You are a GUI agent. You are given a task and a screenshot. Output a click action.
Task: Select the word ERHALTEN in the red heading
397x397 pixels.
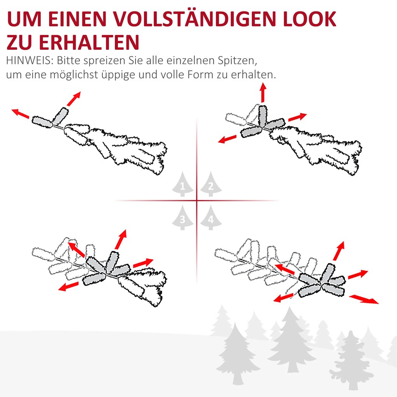89,42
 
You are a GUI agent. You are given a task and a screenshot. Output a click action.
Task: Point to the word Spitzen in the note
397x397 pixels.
240,61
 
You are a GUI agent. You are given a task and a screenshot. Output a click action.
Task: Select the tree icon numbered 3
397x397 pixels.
183,217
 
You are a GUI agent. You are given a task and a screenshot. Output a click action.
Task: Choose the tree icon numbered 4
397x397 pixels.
211,217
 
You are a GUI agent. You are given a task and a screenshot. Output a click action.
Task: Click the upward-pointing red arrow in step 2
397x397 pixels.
263,93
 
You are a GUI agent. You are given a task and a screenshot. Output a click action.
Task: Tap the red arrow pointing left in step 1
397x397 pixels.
21,114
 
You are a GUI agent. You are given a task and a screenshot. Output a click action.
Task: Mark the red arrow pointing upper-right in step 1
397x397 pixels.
74,99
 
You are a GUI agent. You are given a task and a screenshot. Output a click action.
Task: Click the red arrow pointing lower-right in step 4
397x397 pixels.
364,299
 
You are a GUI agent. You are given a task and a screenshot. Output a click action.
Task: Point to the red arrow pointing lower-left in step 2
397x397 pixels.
227,139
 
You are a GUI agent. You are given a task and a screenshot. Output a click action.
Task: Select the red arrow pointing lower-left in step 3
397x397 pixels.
68,286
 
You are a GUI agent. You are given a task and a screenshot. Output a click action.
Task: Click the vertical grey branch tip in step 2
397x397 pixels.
263,116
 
